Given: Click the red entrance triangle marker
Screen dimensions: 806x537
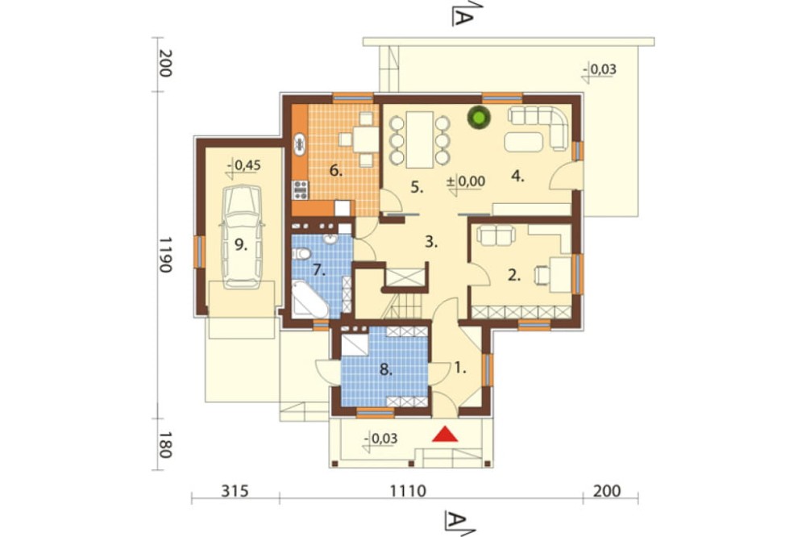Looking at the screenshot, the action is [x=445, y=434].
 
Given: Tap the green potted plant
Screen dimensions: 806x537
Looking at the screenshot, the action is [x=479, y=117].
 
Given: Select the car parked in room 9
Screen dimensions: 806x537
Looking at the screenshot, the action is [x=242, y=237].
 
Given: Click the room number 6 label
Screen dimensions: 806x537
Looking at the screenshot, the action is [x=335, y=170].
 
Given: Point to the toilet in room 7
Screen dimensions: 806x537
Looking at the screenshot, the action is [x=302, y=253].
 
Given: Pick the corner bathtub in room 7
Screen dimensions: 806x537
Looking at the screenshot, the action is [x=309, y=299].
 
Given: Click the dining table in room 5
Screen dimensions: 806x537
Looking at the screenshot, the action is [x=419, y=139].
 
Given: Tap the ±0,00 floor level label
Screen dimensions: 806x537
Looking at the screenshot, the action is [x=466, y=181].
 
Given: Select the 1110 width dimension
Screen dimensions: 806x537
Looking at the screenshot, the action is [x=408, y=491].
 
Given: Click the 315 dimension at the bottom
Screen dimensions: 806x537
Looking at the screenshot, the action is [x=235, y=491].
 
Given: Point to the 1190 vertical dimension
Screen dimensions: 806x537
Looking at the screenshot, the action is [x=164, y=255].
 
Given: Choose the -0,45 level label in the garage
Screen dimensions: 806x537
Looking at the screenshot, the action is [x=243, y=165].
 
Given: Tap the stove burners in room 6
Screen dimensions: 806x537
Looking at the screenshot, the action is [x=300, y=189].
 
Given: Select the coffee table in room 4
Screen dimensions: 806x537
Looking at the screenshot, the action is [x=523, y=141].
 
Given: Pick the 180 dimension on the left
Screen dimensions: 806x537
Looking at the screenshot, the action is [x=164, y=444].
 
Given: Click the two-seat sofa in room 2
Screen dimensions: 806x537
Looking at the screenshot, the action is [x=496, y=235].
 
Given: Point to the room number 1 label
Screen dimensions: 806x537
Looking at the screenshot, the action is [x=460, y=368].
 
